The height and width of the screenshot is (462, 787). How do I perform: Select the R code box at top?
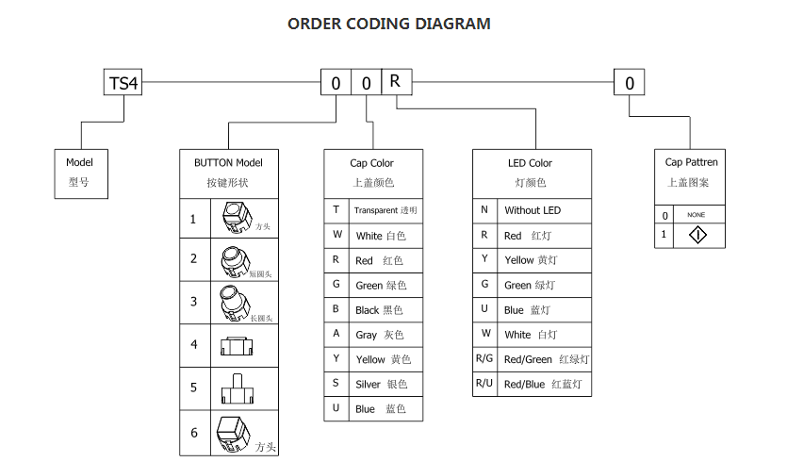(x=395, y=81)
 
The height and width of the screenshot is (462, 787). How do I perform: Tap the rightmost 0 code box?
(x=630, y=83)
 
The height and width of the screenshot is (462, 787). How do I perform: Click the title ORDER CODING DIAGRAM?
(x=388, y=24)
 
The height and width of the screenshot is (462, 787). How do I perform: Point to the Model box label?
(x=80, y=162)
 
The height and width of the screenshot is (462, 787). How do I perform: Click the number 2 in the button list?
(x=194, y=258)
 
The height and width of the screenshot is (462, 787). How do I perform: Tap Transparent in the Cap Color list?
(x=375, y=210)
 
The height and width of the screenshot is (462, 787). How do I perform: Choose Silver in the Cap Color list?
(x=369, y=384)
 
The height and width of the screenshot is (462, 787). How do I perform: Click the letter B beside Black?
(x=336, y=309)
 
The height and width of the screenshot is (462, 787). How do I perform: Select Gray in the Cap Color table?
(x=367, y=335)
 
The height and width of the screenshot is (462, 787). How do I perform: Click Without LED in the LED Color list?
(x=532, y=210)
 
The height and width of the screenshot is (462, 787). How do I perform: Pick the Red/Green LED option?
(x=528, y=359)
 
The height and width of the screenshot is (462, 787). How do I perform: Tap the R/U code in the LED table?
(x=484, y=384)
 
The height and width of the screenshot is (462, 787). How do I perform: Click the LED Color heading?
(x=531, y=163)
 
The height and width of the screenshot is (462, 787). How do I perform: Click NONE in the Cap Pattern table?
(x=696, y=215)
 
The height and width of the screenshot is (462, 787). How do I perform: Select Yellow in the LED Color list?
(x=518, y=260)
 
